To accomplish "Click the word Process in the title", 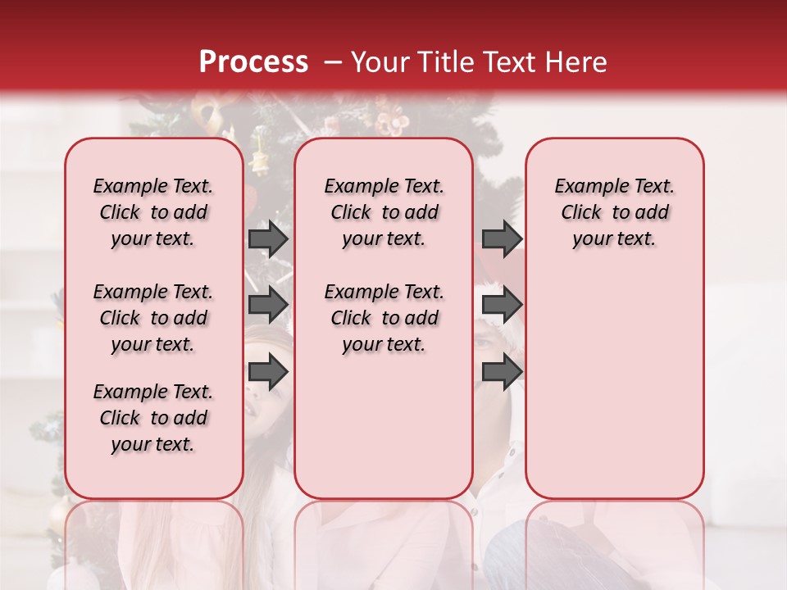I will tap(253, 62).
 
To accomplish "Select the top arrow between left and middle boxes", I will tap(268, 238).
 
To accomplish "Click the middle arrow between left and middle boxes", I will tap(268, 306).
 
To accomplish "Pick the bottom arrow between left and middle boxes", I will tap(268, 373).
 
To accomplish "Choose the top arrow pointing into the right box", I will tap(502, 238).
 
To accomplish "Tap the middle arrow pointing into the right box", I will tap(502, 306).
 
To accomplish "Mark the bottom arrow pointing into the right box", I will tap(502, 373).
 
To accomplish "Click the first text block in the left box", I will tap(153, 212).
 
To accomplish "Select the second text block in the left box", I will tap(153, 318).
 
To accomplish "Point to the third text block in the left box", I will tap(153, 418).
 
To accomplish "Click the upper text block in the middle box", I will tap(384, 212).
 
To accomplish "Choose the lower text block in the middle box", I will tap(384, 318).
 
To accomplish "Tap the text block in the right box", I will tap(614, 212).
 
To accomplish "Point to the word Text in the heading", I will tap(520, 62).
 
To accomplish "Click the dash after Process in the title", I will tap(333, 62).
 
